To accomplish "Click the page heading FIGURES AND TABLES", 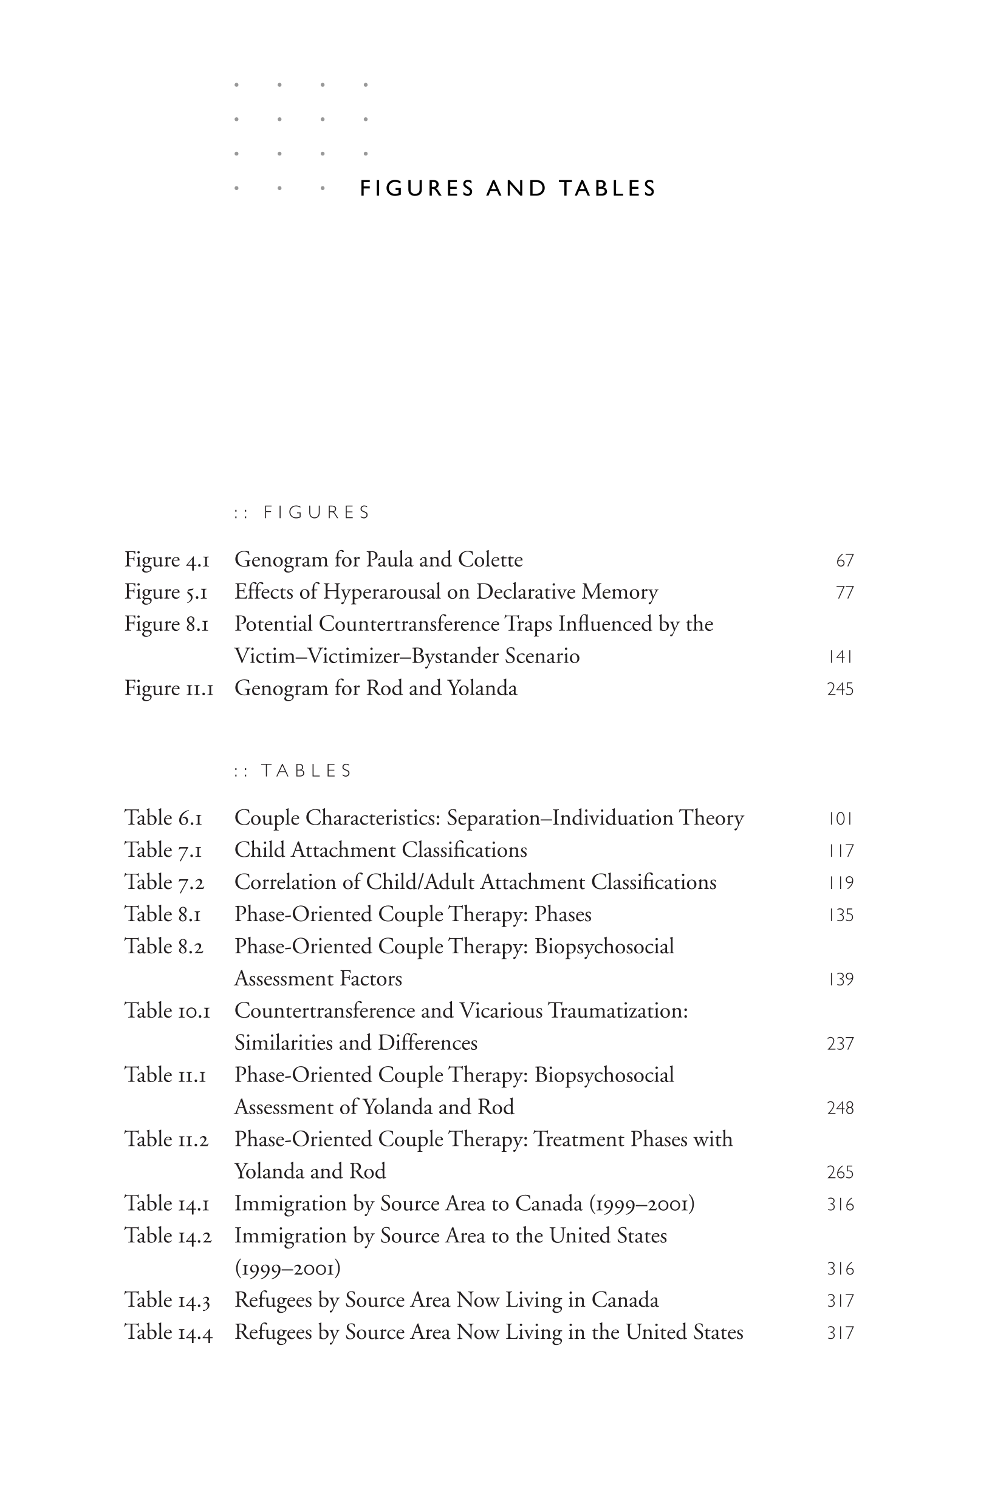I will (x=508, y=188).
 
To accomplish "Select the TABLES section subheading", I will (x=306, y=771).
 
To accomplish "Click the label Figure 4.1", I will (x=166, y=560).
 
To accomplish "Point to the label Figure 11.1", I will (x=169, y=689).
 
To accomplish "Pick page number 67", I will (x=844, y=561).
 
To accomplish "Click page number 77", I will (x=844, y=593).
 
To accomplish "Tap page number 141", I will (x=840, y=657).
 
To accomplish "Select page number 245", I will (x=840, y=689).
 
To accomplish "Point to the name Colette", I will (x=490, y=560).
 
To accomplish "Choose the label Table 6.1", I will (x=163, y=818).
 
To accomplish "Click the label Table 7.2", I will (x=164, y=883).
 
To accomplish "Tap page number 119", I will (x=840, y=883).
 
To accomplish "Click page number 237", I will (x=840, y=1044).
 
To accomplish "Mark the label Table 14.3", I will (x=167, y=1301).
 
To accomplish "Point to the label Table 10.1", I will (x=167, y=1011).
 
